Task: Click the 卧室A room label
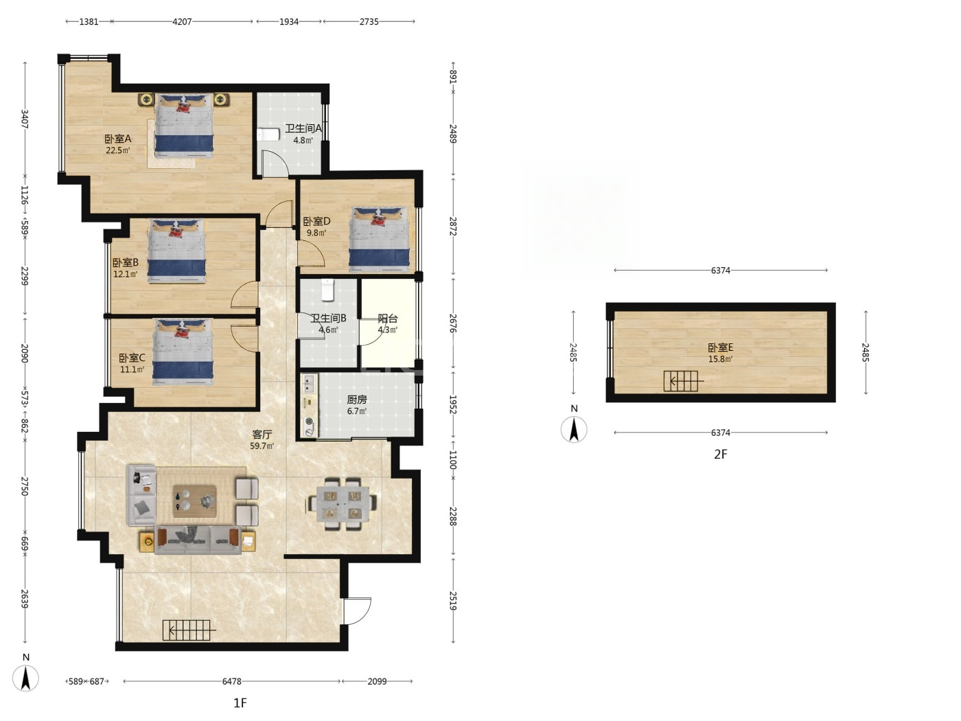(x=118, y=139)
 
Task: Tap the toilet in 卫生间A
(x=268, y=135)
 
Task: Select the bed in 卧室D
(x=379, y=240)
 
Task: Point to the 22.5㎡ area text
(x=118, y=150)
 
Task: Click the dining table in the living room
(x=343, y=503)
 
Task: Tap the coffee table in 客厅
(x=195, y=501)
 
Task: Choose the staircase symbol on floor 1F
(x=189, y=630)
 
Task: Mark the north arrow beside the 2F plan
(x=574, y=429)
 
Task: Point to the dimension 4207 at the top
(x=182, y=21)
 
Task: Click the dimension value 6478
(x=231, y=681)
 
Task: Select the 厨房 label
(x=357, y=400)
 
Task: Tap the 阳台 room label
(x=387, y=318)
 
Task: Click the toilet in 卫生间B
(x=328, y=289)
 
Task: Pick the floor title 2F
(x=720, y=455)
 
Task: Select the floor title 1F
(x=240, y=703)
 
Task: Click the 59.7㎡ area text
(x=262, y=446)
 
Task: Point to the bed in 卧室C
(x=183, y=352)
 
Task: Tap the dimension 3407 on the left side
(x=25, y=119)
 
